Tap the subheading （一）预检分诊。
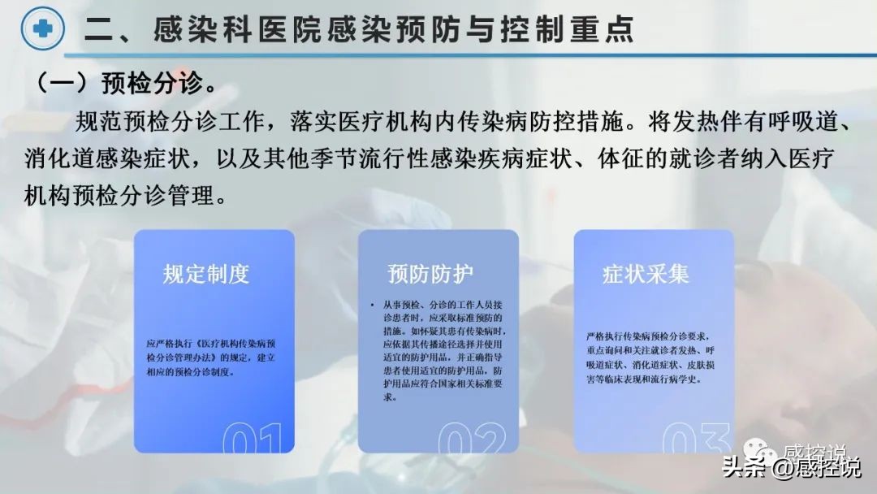click(122, 83)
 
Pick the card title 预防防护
click(430, 274)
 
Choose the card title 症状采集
click(646, 274)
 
